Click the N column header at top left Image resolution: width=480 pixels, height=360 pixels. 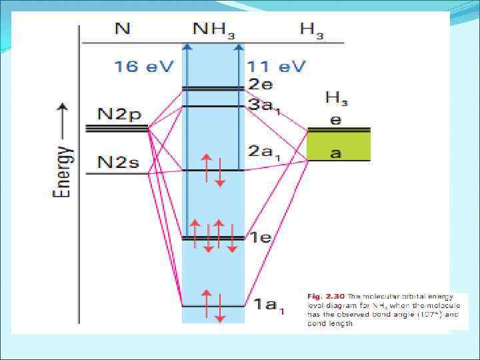(123, 29)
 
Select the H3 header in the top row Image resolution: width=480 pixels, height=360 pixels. (311, 30)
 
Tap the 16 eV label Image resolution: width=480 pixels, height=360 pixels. (143, 67)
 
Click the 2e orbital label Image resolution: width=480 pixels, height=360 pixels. (261, 85)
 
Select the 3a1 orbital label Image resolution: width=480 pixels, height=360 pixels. (264, 105)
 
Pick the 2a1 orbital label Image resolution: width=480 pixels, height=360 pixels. (264, 151)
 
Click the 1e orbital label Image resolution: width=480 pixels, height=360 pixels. (261, 237)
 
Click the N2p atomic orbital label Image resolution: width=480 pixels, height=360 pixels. (119, 114)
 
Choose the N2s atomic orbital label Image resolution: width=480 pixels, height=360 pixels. (119, 162)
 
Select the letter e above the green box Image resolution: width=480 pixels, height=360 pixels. (336, 120)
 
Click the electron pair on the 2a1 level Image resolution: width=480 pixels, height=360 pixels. (213, 170)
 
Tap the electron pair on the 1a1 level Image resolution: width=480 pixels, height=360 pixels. (213, 305)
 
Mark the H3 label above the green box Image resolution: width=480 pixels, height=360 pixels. (336, 99)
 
